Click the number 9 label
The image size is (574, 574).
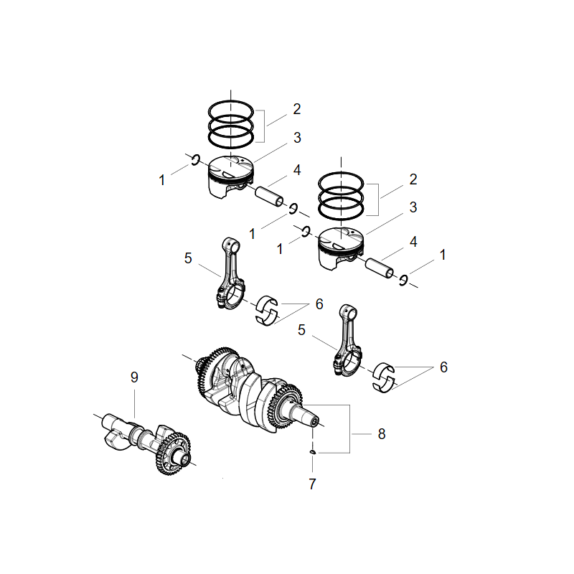pos(133,377)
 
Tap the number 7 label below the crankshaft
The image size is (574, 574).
pos(312,484)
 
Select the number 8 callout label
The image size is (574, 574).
pos(382,433)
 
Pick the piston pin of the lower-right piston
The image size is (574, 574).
pos(380,268)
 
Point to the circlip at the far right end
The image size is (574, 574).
pos(404,280)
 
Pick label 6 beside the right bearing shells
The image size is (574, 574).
pos(443,367)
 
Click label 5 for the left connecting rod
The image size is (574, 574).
pos(188,258)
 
